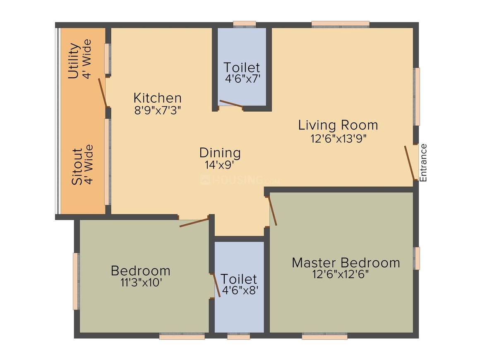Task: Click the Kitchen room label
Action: coord(157,98)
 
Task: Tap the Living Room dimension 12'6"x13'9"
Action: coord(338,138)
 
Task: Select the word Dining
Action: coord(220,153)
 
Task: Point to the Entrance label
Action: coord(423,163)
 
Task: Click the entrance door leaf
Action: coord(410,163)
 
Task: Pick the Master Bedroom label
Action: coord(346,262)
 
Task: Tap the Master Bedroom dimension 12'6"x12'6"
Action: coord(341,275)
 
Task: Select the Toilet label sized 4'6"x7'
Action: coord(242,67)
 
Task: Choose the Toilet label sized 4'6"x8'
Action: coord(239,279)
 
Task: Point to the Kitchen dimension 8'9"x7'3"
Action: coord(158,110)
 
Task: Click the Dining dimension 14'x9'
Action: coord(219,165)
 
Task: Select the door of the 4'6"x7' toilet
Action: coord(231,104)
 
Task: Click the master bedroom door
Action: coord(273,211)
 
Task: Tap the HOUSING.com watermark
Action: coord(240,180)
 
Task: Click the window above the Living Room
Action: coord(340,24)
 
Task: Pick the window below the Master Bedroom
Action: coord(324,337)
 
